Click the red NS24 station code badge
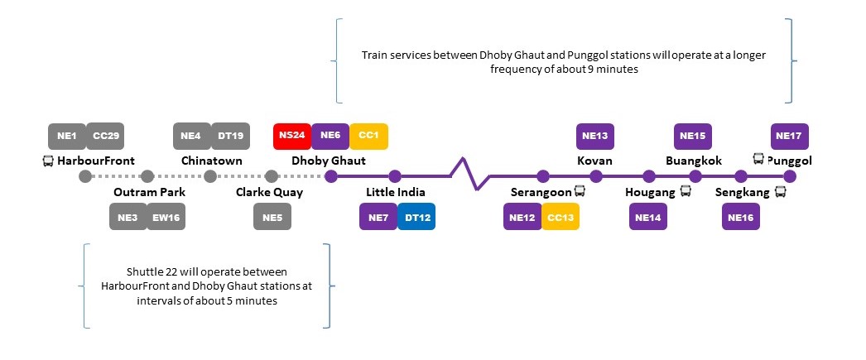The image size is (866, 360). coord(292,136)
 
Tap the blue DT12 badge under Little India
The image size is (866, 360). coord(416,217)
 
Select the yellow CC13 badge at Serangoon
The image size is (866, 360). coord(560,217)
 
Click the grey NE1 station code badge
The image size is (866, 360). coord(67,136)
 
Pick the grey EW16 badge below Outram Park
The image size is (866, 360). coord(166,217)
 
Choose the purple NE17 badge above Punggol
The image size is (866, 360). coord(790,136)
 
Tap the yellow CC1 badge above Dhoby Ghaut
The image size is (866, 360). coord(369,136)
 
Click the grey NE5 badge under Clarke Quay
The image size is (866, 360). coord(272,217)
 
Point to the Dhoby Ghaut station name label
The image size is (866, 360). coord(329,161)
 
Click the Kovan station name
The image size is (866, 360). coord(594,161)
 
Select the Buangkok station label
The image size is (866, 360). coord(694,161)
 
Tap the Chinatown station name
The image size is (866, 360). coord(211,161)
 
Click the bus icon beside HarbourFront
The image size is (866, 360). coord(48,161)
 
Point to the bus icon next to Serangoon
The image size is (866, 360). coord(580,192)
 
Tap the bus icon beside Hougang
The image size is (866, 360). coord(686,192)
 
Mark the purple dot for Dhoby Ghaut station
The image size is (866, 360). coord(331,176)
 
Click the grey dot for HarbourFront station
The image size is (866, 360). coord(85,176)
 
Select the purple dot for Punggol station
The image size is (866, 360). coord(790,176)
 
